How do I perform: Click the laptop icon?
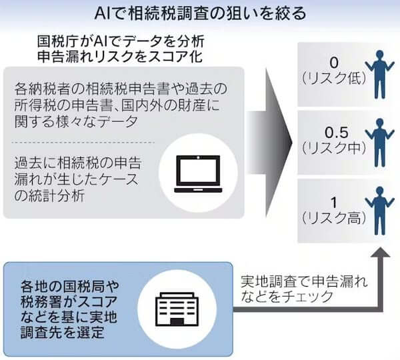(198, 174)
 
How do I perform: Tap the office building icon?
(177, 309)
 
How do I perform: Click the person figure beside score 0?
(380, 74)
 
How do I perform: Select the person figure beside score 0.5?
(380, 143)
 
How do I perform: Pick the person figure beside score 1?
(380, 211)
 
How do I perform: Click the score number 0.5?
(337, 133)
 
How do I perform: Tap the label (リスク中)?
(334, 148)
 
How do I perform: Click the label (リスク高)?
(334, 217)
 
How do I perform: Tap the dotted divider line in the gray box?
(83, 143)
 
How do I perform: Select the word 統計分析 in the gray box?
(55, 196)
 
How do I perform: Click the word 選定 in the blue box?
(91, 332)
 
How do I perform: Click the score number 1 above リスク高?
(334, 203)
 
